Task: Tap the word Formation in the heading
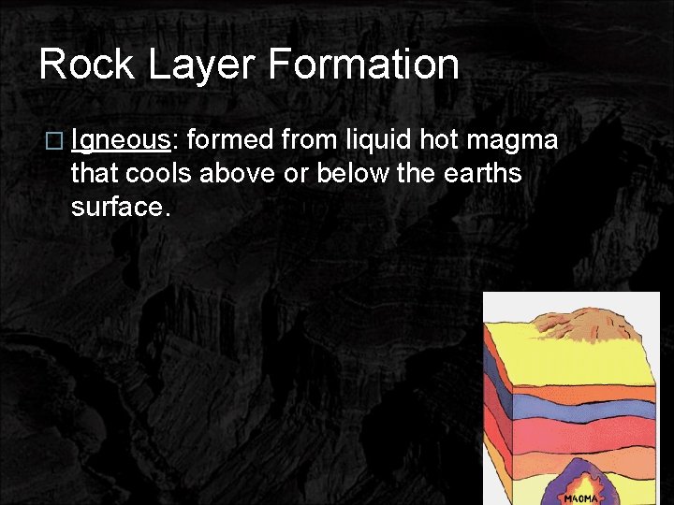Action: tap(363, 65)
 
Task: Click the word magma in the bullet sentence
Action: tap(513, 142)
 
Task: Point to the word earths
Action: tap(482, 174)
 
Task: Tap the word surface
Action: tap(120, 208)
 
